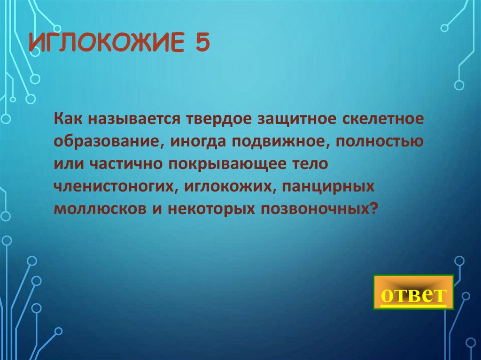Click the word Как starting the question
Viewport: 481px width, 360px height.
(68, 117)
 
